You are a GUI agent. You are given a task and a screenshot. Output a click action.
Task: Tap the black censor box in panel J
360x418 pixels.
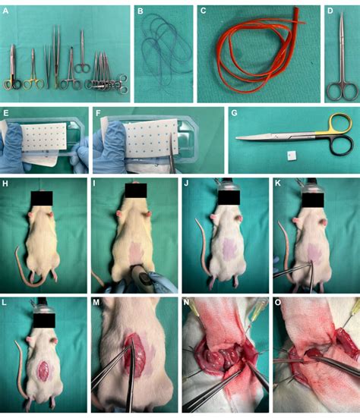click(226, 200)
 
